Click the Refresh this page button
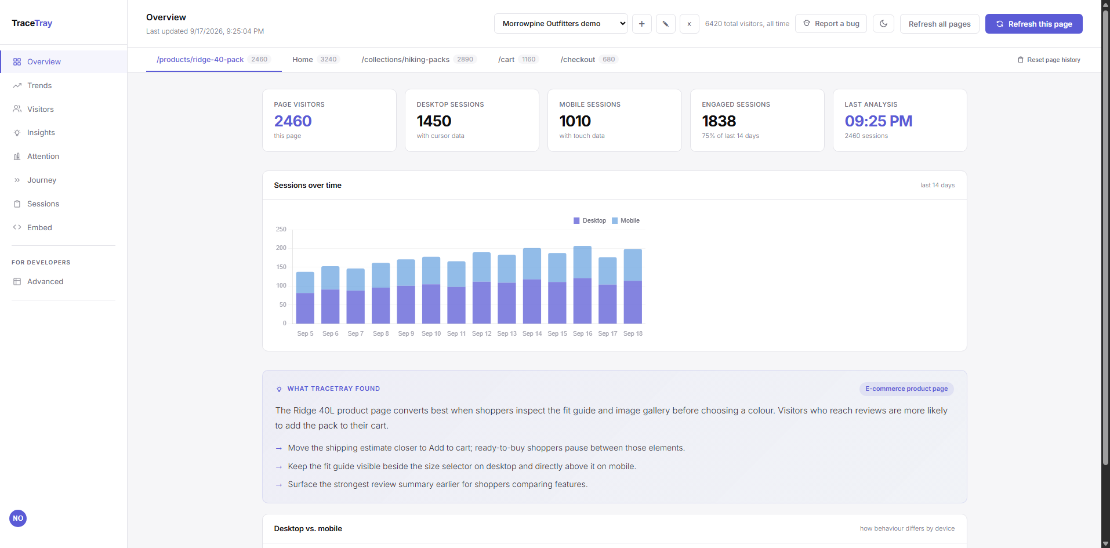click(x=1033, y=24)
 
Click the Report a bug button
click(x=831, y=24)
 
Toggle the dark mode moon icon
click(x=883, y=24)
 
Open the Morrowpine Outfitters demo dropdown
click(x=561, y=24)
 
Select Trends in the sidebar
click(x=39, y=85)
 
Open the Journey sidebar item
click(x=42, y=180)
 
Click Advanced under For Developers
click(x=45, y=281)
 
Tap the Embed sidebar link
click(x=39, y=227)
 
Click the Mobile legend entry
click(x=626, y=220)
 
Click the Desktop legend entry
click(x=590, y=220)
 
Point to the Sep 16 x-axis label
click(x=582, y=333)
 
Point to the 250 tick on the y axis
click(x=281, y=229)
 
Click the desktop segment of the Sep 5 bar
click(x=305, y=309)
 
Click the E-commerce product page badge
click(x=906, y=389)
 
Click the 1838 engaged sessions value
click(x=719, y=121)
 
